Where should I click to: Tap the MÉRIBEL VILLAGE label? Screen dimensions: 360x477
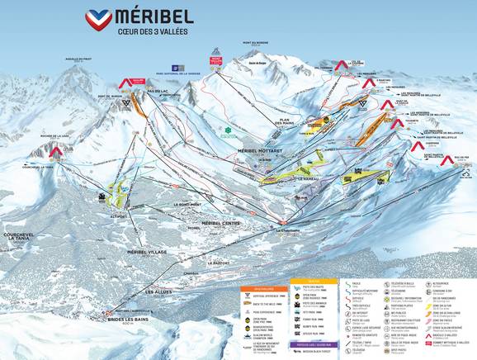146,251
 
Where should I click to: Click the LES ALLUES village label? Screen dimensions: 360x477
159,291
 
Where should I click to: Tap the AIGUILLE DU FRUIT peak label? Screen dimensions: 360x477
78,58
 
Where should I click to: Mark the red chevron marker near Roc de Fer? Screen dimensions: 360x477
446,161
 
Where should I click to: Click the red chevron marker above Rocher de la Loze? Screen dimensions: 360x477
57,152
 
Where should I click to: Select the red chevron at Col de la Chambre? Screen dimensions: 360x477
341,64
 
